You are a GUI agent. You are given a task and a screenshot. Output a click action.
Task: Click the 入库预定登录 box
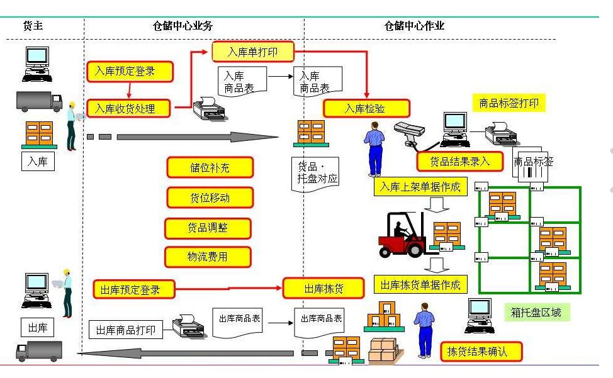pos(129,71)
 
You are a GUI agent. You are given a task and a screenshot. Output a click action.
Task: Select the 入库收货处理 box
pos(129,108)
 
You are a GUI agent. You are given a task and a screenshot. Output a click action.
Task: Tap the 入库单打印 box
pos(252,52)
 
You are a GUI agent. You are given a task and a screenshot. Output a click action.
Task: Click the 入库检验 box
pos(366,108)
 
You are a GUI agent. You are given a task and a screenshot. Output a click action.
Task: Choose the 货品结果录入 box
pos(459,161)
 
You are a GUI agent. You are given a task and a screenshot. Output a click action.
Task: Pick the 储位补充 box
pos(210,167)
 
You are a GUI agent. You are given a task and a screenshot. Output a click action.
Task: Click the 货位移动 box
pos(210,197)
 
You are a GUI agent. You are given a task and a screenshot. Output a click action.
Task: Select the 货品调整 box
pos(208,228)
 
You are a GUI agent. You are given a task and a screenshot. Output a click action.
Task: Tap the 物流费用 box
pos(208,257)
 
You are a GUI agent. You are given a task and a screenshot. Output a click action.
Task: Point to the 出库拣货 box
pos(323,288)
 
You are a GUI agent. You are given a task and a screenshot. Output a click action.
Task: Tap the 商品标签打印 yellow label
pos(509,103)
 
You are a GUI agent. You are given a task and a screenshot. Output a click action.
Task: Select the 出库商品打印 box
pos(125,330)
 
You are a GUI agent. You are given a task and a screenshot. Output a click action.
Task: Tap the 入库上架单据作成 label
pos(420,187)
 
